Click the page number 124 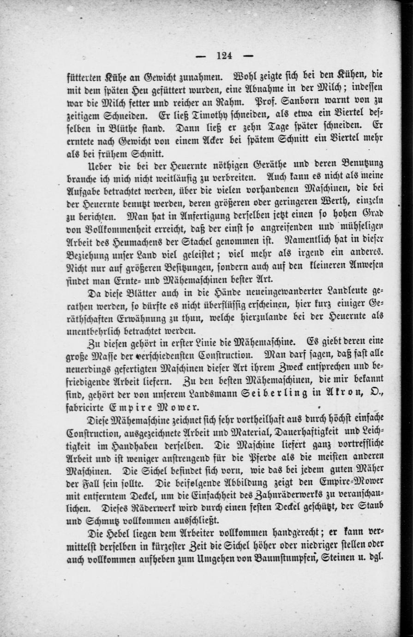224,56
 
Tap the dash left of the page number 201,56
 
